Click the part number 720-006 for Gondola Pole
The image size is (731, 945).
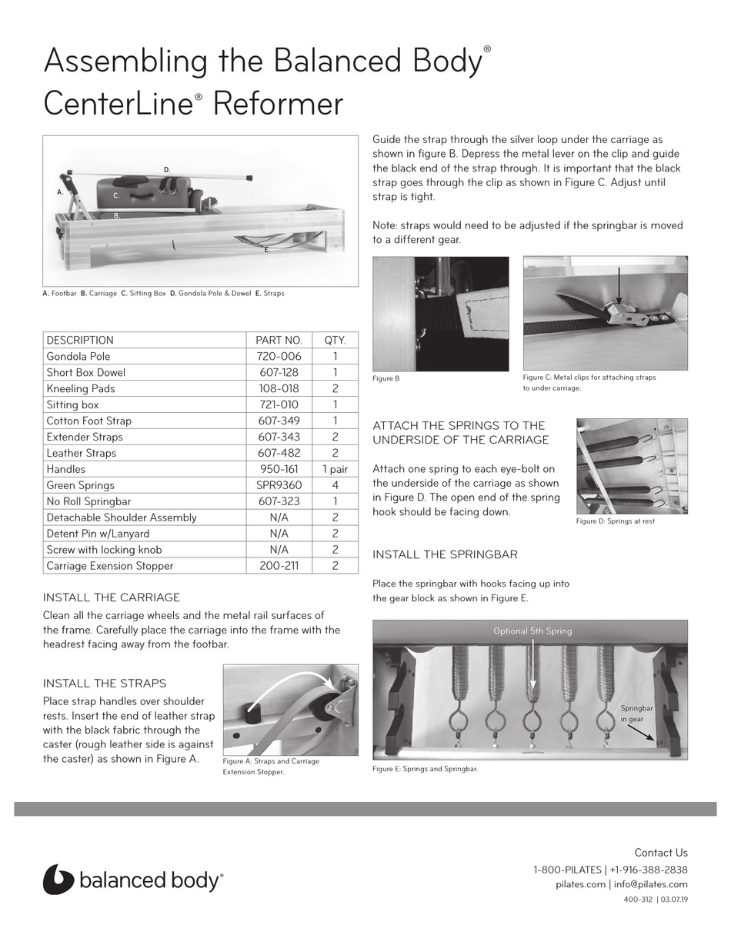coord(279,356)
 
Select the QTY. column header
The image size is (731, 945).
coord(335,340)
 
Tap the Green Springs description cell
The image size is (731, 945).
coord(80,485)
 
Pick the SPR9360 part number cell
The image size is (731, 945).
coord(279,485)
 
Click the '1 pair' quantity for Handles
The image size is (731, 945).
coord(335,469)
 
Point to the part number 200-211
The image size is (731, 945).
coord(279,566)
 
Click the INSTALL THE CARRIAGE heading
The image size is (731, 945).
coord(111,597)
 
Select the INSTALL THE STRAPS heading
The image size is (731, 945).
coord(104,683)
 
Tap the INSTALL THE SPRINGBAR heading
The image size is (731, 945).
coord(445,554)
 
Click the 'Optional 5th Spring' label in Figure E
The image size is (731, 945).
coord(532,631)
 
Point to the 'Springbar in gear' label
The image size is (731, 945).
coord(636,713)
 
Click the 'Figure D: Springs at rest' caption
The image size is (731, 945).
coord(615,521)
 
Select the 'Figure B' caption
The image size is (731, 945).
coord(386,378)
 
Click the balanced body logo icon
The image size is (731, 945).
coord(58,880)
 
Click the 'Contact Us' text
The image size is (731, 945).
coord(660,853)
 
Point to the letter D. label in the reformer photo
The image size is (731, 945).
coord(167,169)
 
